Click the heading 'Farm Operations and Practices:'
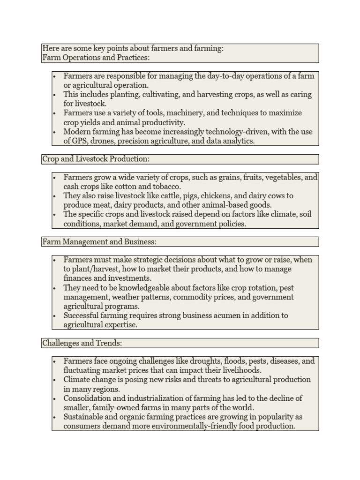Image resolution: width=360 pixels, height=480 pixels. (96, 58)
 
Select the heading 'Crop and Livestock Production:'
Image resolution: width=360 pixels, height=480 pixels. (96, 159)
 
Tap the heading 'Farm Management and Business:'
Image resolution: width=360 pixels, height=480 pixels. (99, 241)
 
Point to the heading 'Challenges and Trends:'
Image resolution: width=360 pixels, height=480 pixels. (82, 343)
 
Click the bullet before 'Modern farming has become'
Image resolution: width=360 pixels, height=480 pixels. (55, 132)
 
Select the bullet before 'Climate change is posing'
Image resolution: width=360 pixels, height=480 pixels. (55, 380)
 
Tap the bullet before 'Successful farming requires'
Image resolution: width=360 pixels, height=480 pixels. (55, 315)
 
